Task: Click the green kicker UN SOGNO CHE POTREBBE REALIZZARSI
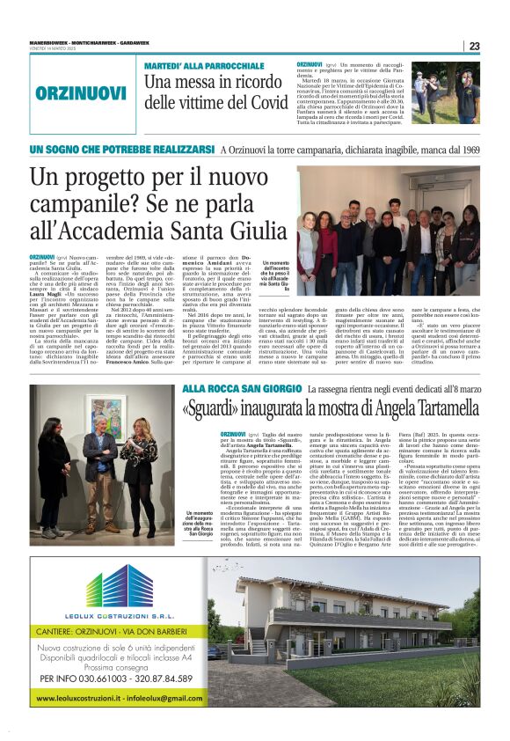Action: (123, 150)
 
